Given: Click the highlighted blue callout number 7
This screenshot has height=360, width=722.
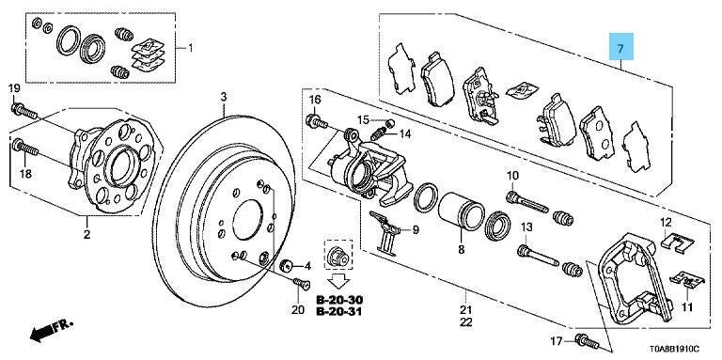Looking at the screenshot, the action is [620, 48].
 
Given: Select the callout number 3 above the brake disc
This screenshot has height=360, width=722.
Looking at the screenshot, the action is [224, 97].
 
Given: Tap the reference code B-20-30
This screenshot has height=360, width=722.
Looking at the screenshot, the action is [338, 300].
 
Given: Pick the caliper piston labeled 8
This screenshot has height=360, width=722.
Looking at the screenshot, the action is [459, 211].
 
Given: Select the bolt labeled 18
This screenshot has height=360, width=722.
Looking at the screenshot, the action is [26, 149].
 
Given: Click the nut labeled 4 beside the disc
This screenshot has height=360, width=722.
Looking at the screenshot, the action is [287, 266].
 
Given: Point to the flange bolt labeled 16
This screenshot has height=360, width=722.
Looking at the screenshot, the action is [316, 122].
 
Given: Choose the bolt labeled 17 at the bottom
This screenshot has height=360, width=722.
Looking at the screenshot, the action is [587, 341].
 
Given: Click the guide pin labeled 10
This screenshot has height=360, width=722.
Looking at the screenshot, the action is [526, 202].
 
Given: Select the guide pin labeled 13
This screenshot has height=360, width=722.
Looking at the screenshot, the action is [538, 257].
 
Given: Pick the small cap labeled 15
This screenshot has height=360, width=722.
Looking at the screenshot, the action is [389, 123].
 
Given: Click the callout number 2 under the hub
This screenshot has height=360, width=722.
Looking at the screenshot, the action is [86, 235].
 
